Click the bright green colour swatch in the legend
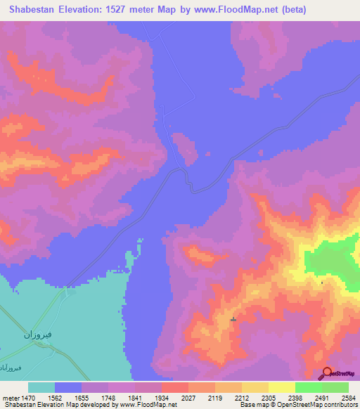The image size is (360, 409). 308,387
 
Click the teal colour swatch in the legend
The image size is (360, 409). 41,387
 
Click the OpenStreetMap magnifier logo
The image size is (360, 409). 326,373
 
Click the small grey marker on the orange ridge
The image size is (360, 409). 233,320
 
